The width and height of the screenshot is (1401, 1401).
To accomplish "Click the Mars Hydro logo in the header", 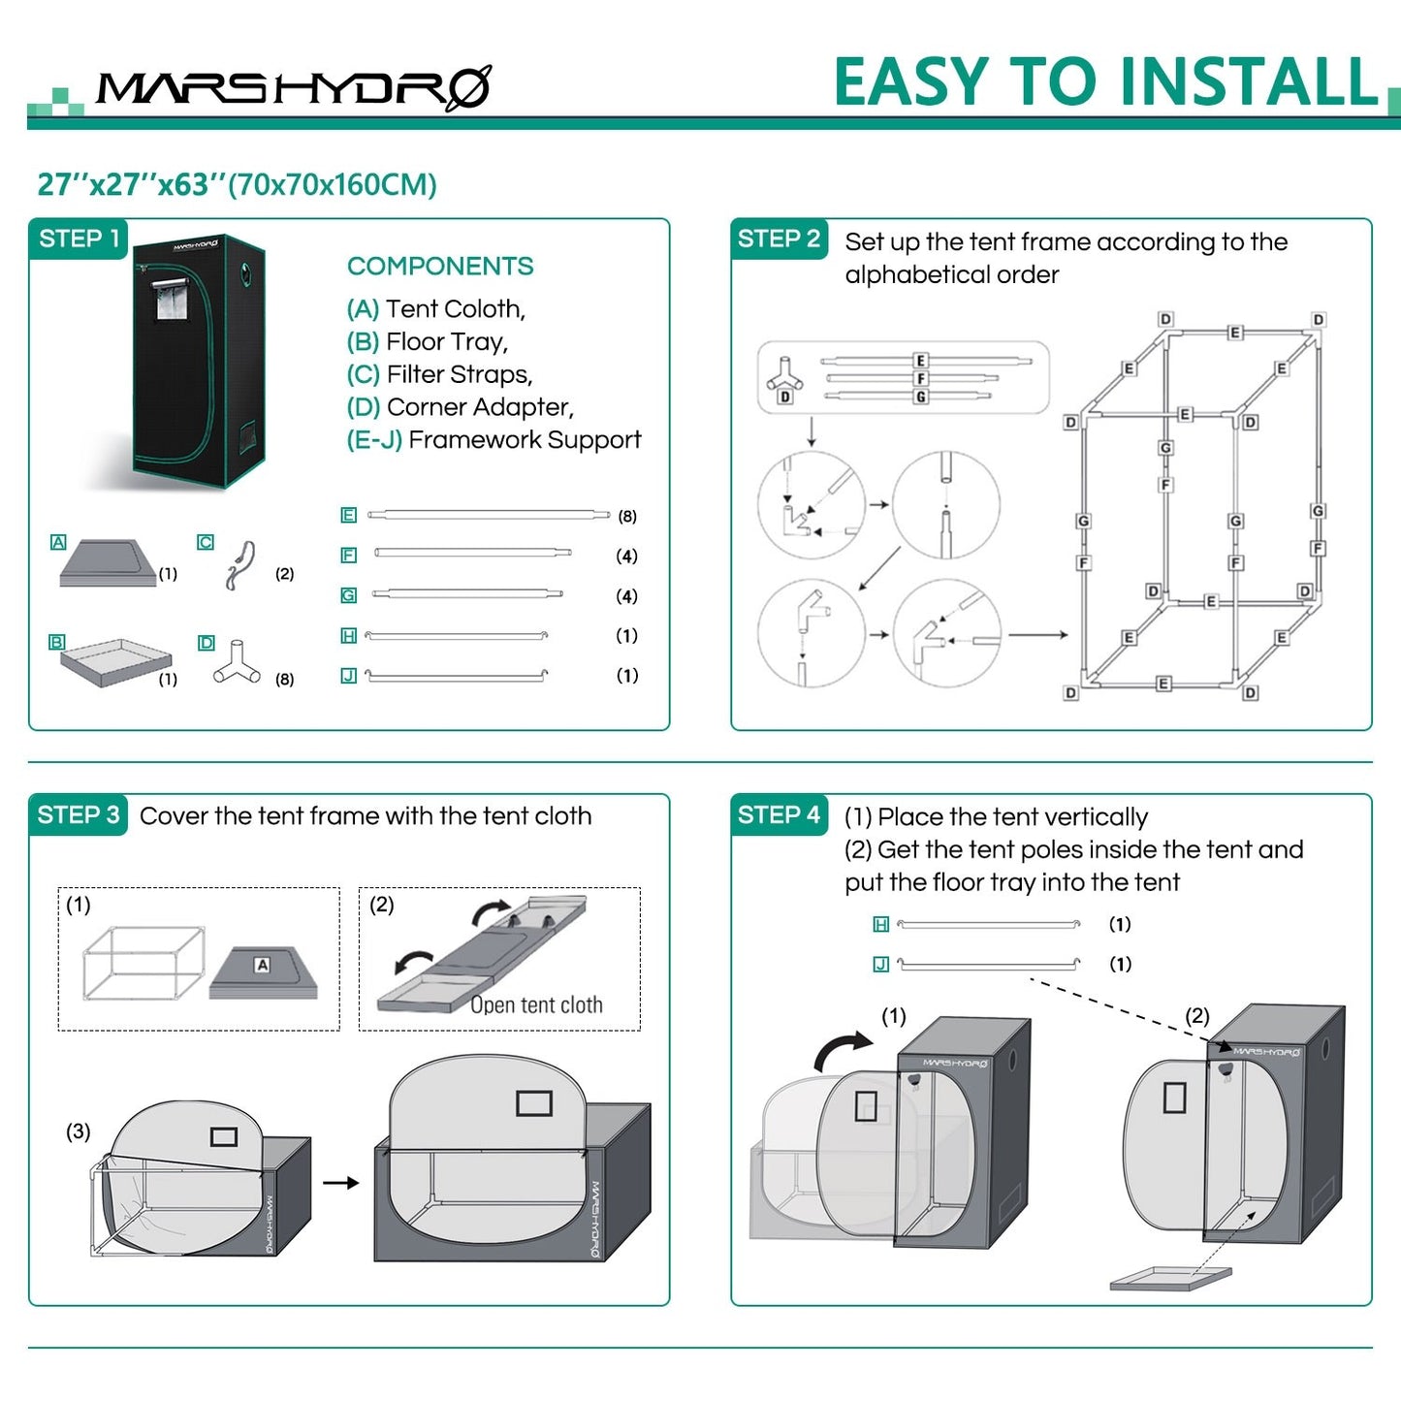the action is [295, 88].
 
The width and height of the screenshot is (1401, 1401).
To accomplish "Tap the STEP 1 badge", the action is [79, 239].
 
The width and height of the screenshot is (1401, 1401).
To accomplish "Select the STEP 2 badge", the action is [779, 239].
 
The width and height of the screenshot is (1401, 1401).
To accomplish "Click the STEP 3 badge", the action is [79, 814].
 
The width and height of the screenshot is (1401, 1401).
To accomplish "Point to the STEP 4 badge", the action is [779, 814].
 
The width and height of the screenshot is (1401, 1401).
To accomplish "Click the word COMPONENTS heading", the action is [440, 266].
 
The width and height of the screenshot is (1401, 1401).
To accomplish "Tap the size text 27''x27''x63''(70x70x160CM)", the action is [237, 184].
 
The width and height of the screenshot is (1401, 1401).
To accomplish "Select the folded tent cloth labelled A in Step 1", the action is [109, 562].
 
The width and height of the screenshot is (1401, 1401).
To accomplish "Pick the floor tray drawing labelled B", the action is [116, 662].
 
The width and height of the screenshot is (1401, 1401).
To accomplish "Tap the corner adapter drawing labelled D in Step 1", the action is [237, 662].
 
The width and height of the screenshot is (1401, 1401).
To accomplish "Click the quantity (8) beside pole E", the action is [627, 516].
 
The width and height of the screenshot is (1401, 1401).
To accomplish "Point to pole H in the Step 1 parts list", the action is [456, 636].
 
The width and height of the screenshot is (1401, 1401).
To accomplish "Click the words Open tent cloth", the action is [536, 1004].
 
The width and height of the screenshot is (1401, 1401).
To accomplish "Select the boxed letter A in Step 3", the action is [263, 965].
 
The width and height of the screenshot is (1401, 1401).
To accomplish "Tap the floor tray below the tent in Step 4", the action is [1170, 1278].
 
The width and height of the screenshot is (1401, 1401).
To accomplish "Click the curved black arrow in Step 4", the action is [842, 1048].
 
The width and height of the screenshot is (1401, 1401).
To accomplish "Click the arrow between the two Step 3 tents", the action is [341, 1183].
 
